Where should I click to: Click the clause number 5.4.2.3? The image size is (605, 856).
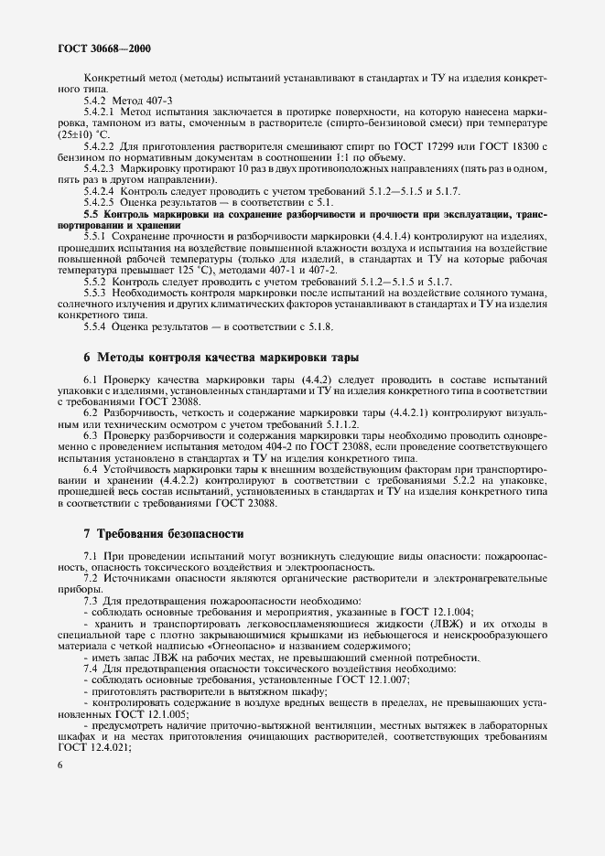pyautogui.click(x=102, y=168)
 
